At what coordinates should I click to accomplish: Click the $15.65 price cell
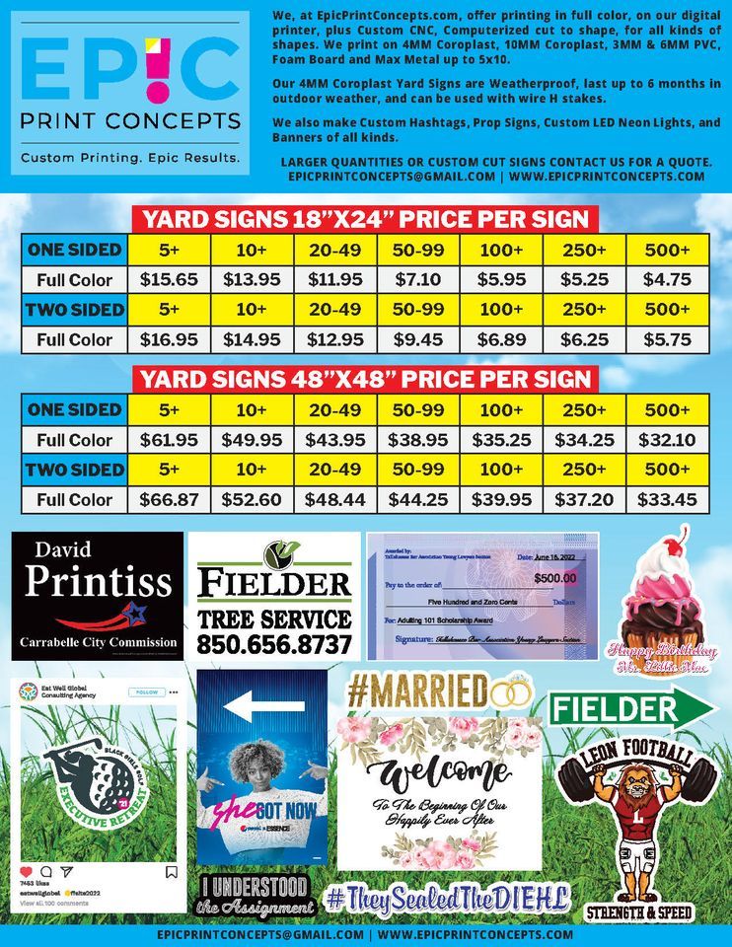click(169, 279)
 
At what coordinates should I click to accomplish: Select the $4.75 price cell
click(667, 279)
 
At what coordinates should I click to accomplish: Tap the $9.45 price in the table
click(417, 339)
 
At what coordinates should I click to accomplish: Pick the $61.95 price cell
click(169, 440)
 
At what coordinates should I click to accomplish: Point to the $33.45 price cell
click(667, 500)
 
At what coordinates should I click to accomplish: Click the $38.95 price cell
click(417, 440)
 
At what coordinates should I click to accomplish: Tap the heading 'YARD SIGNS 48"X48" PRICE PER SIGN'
click(365, 379)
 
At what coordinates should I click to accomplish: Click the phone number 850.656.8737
click(274, 644)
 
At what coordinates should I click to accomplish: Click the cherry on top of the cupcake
click(676, 545)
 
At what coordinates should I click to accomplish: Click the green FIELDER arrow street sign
click(631, 709)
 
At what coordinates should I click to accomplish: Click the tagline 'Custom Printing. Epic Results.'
click(130, 158)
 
